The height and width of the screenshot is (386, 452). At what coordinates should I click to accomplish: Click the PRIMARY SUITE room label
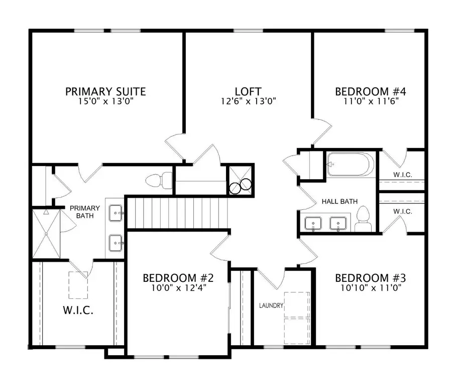105,92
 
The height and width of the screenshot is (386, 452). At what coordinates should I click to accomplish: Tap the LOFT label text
248,92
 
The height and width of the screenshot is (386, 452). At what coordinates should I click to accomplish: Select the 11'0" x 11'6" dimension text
370,101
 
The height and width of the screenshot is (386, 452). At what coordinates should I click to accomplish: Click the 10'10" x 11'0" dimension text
370,288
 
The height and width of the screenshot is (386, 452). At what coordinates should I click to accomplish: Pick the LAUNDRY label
271,305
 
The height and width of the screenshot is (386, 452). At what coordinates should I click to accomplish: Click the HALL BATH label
340,202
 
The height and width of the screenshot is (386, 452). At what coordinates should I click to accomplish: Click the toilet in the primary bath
159,180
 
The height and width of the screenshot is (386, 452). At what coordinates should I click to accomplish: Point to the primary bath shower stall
46,234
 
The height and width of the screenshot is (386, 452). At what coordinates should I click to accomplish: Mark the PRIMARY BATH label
81,212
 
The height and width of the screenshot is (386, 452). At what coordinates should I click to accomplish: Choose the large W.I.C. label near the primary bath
78,310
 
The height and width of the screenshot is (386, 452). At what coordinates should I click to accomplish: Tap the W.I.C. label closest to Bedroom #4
403,175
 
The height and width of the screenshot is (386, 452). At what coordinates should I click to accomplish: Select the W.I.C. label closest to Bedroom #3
403,212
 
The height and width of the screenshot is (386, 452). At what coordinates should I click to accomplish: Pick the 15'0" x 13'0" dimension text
105,101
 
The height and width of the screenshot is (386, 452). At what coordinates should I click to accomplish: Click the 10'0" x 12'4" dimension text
178,288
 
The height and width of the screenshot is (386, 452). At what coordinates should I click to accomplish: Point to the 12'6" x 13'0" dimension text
248,101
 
